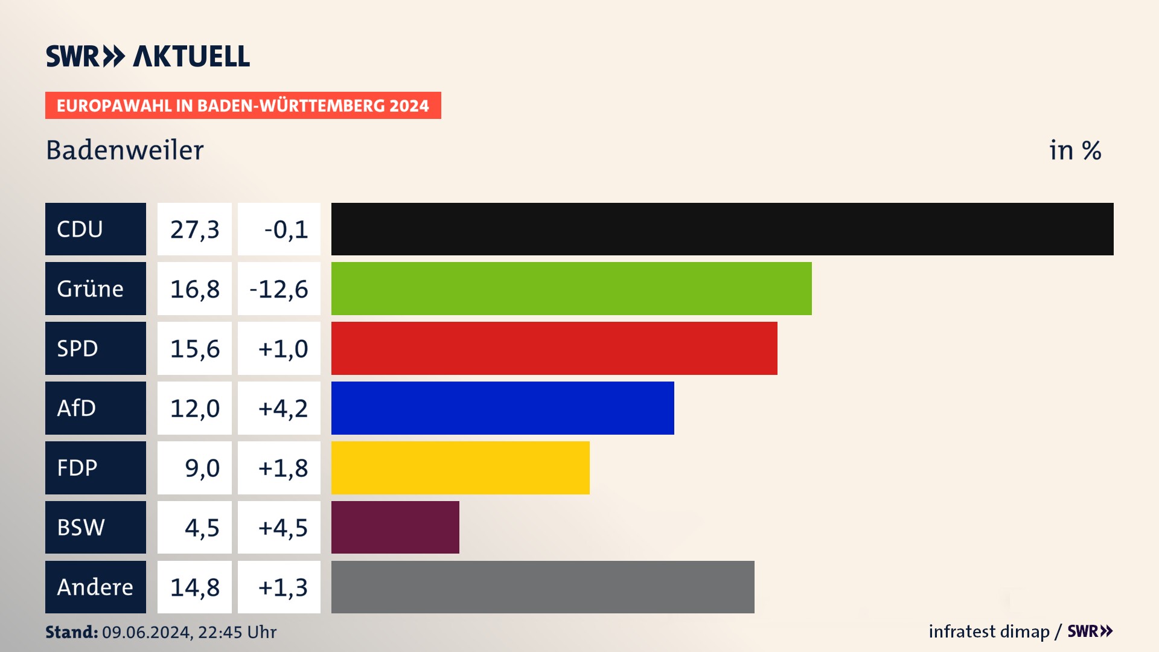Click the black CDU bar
coord(722,229)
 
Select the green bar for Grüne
coord(571,289)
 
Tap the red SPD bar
coord(554,348)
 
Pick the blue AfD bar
coord(502,408)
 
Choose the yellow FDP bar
coord(460,468)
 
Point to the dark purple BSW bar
coord(395,527)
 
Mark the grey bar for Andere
coord(543,587)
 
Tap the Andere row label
coord(95,587)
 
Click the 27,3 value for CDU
coord(194,229)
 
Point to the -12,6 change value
coord(279,289)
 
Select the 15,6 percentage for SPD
coord(194,349)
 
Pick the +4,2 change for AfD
coord(283,409)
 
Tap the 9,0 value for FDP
coord(202,468)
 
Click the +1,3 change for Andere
coord(283,587)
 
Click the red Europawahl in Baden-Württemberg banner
coord(243,106)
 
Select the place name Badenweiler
coord(125,150)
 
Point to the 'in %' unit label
coord(1075,150)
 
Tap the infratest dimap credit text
coord(989,631)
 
